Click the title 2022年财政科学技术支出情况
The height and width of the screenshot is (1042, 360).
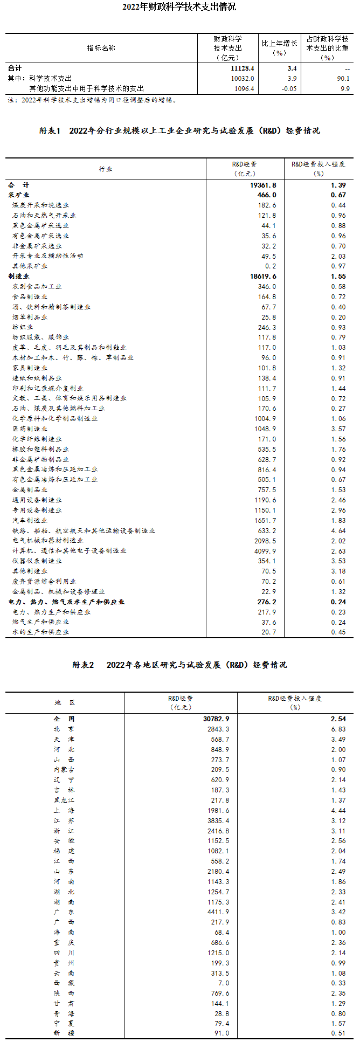pos(179,7)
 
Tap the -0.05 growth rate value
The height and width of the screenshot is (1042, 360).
pos(289,88)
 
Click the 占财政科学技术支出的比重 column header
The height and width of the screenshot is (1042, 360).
pos(327,48)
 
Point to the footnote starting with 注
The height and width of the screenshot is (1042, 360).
pos(92,100)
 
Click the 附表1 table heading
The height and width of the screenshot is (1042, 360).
pos(179,130)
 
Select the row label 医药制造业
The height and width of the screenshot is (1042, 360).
pos(30,429)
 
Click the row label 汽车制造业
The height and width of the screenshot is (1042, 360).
pos(30,520)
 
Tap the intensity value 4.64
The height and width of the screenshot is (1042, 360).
pos(338,530)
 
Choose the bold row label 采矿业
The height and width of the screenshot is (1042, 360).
pos(19,195)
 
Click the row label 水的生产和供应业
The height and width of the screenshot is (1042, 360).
pos(41,632)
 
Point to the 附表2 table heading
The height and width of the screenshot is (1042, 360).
pos(179,665)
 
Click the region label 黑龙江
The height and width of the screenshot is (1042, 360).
pos(65,800)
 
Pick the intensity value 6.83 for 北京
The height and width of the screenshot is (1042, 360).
pos(338,729)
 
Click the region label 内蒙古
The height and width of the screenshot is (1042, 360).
pos(65,770)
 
